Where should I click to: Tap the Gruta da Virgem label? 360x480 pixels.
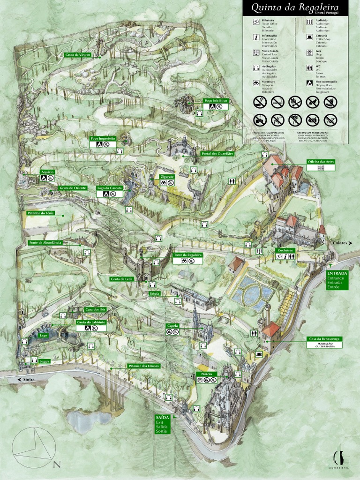[x=78, y=55]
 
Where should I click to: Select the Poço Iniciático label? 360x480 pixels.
[x=216, y=100]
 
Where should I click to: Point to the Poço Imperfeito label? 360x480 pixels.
[x=103, y=138]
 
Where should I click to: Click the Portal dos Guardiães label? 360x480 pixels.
[x=217, y=153]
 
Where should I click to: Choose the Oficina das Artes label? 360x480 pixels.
[x=321, y=161]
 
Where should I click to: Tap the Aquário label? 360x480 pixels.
[x=47, y=172]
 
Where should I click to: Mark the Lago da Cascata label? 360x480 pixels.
[x=110, y=187]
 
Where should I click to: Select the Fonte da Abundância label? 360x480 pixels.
[x=45, y=242]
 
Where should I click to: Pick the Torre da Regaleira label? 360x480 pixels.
[x=187, y=255]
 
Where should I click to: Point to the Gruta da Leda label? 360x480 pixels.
[x=122, y=279]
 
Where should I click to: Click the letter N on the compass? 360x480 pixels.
[x=57, y=465]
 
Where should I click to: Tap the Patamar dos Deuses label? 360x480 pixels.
[x=143, y=366]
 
